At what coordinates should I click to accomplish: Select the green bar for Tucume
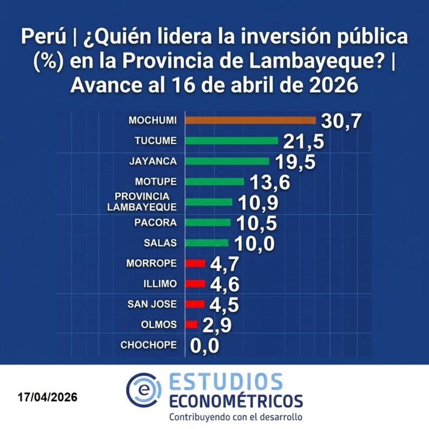[231, 140]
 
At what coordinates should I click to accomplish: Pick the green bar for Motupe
[214, 182]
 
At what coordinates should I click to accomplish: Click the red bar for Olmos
[190, 324]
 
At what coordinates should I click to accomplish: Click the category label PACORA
[156, 222]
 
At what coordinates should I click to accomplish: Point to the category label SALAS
[160, 243]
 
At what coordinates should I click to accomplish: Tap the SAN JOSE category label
[152, 304]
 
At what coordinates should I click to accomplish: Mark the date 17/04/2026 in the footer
[47, 398]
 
